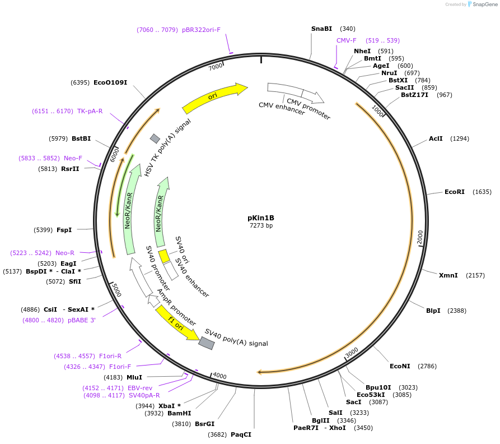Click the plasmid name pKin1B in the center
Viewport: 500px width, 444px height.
tap(261, 218)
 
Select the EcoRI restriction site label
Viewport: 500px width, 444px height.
tap(455, 192)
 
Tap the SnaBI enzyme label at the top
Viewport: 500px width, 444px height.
tap(322, 29)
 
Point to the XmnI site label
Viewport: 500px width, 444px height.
tap(448, 275)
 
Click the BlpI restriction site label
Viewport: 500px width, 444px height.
tap(433, 311)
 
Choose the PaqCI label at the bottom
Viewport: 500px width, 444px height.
tap(241, 434)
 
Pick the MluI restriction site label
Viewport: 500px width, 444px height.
tap(134, 377)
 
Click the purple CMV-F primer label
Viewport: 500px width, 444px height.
tap(347, 40)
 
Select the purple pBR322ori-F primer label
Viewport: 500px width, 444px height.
tap(201, 30)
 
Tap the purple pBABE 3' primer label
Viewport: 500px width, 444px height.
tap(82, 320)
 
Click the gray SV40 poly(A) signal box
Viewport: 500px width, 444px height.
tap(207, 343)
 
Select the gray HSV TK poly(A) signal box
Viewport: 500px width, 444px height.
tap(155, 138)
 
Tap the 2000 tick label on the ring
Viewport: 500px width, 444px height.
tap(420, 237)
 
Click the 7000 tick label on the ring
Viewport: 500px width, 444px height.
tap(216, 67)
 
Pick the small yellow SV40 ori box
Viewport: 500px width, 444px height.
tap(163, 256)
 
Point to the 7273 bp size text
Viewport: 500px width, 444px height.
tap(261, 226)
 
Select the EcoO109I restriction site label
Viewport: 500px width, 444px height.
tap(110, 82)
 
